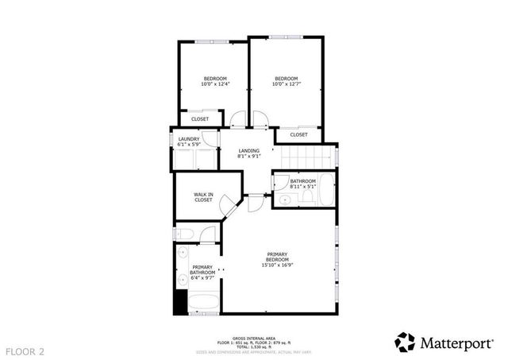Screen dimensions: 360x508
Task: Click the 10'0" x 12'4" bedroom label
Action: [215, 81]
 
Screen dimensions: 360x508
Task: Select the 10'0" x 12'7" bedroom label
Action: [286, 81]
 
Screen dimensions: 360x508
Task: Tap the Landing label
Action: [249, 153]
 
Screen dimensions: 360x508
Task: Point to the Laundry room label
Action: [188, 142]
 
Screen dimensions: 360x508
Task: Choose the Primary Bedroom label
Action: [278, 261]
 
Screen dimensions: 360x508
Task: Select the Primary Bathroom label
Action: [202, 273]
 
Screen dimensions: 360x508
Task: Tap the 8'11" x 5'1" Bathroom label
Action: [302, 184]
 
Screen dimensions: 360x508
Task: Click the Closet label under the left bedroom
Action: [199, 119]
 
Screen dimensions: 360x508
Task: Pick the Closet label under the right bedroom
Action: [298, 135]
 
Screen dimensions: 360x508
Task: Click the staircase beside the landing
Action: [307, 159]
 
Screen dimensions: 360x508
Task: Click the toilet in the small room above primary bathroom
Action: [185, 234]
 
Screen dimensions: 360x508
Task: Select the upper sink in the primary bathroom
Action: [183, 254]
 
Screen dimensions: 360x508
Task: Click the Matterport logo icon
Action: [405, 342]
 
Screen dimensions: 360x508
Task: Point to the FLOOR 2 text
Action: [26, 350]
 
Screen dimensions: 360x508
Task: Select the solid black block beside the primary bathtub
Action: [180, 302]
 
